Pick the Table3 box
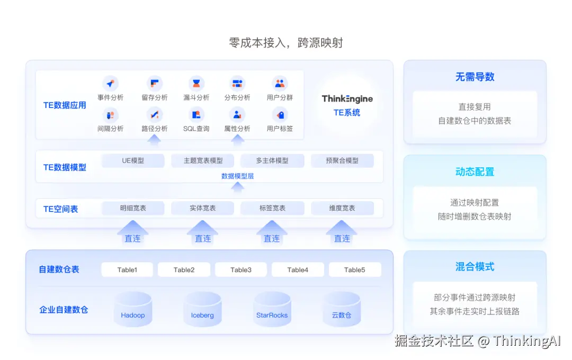(241, 269)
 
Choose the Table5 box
(354, 269)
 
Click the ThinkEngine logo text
(347, 99)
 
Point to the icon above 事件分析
(110, 84)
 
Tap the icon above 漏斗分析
(196, 84)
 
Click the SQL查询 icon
(196, 114)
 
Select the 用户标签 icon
(280, 114)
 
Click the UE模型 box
(133, 160)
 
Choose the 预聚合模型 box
(342, 160)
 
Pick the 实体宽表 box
(202, 208)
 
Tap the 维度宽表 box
(342, 208)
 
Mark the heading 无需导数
(475, 77)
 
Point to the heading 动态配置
(475, 172)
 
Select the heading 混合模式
(475, 267)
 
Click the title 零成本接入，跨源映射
(286, 43)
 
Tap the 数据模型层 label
(237, 176)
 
